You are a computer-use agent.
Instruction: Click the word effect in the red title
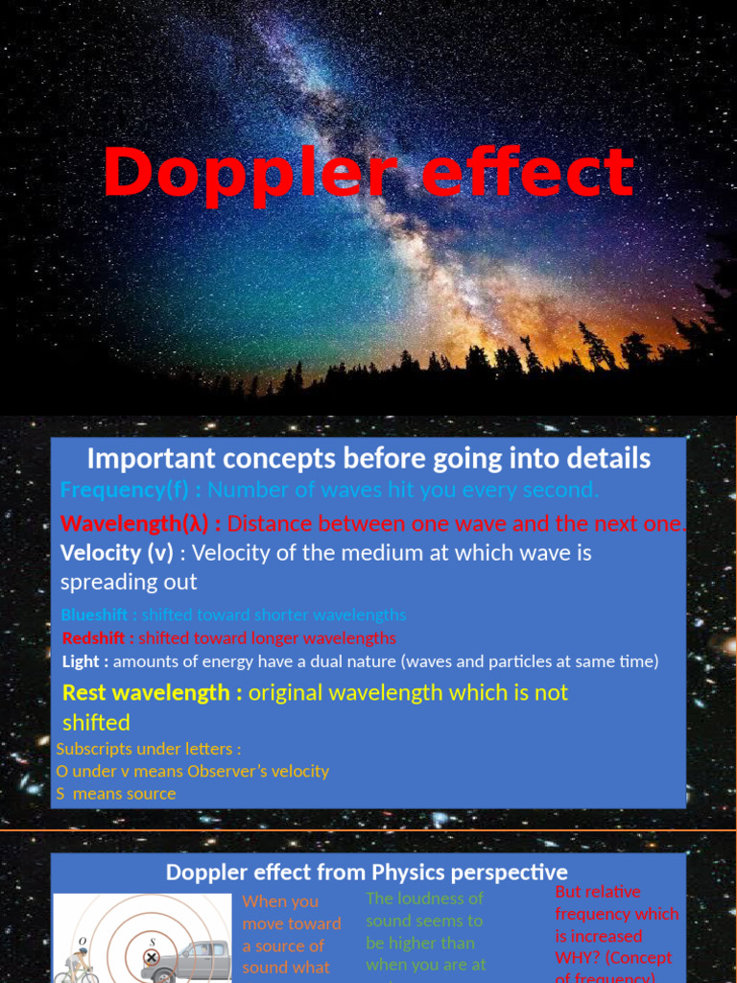(528, 174)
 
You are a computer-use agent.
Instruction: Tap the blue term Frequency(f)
(125, 490)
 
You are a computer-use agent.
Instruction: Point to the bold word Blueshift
(94, 614)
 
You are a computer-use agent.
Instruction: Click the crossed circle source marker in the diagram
(151, 957)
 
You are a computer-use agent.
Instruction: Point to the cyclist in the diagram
(77, 964)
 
